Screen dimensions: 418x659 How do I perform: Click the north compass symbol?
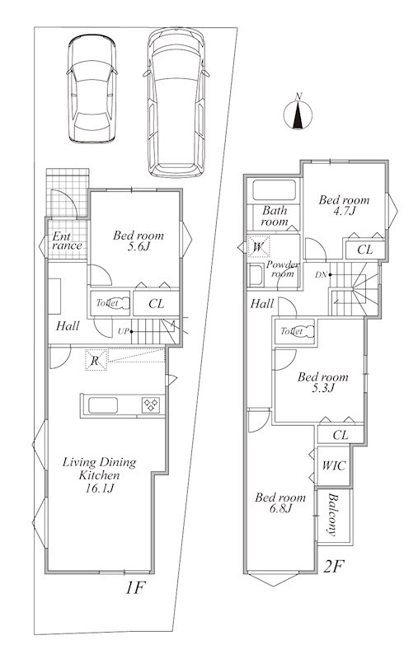coord(298,114)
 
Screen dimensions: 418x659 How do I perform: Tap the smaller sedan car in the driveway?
coord(92,89)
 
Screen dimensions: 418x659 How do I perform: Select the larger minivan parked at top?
coord(176,102)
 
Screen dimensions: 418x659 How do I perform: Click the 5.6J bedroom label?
coord(139,241)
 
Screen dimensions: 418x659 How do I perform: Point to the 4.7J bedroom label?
coord(344,205)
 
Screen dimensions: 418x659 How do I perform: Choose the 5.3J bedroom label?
coord(322,382)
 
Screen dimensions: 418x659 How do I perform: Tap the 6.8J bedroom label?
coord(280,503)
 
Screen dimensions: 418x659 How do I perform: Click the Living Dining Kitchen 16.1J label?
coord(99,475)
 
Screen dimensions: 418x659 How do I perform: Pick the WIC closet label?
coord(333,465)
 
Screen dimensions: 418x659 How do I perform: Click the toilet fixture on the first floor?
coord(118,303)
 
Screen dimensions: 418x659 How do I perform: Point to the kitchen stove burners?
coord(151,405)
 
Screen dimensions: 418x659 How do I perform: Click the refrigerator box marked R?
coord(96,360)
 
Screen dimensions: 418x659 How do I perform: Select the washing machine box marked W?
coord(258,246)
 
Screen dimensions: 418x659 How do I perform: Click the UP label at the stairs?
coord(123,332)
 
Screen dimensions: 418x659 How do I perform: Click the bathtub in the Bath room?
coord(275,191)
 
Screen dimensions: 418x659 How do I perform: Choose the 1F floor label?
coord(135,588)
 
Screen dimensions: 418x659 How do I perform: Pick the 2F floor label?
coord(333,568)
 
